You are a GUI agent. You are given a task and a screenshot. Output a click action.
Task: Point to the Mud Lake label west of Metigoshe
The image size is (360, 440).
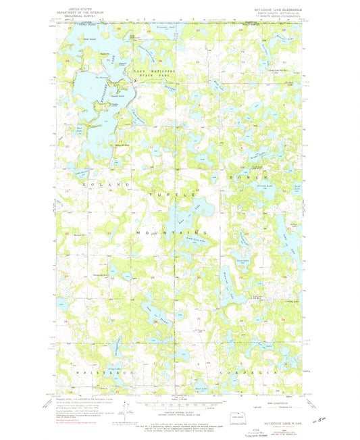pyautogui.click(x=79, y=126)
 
